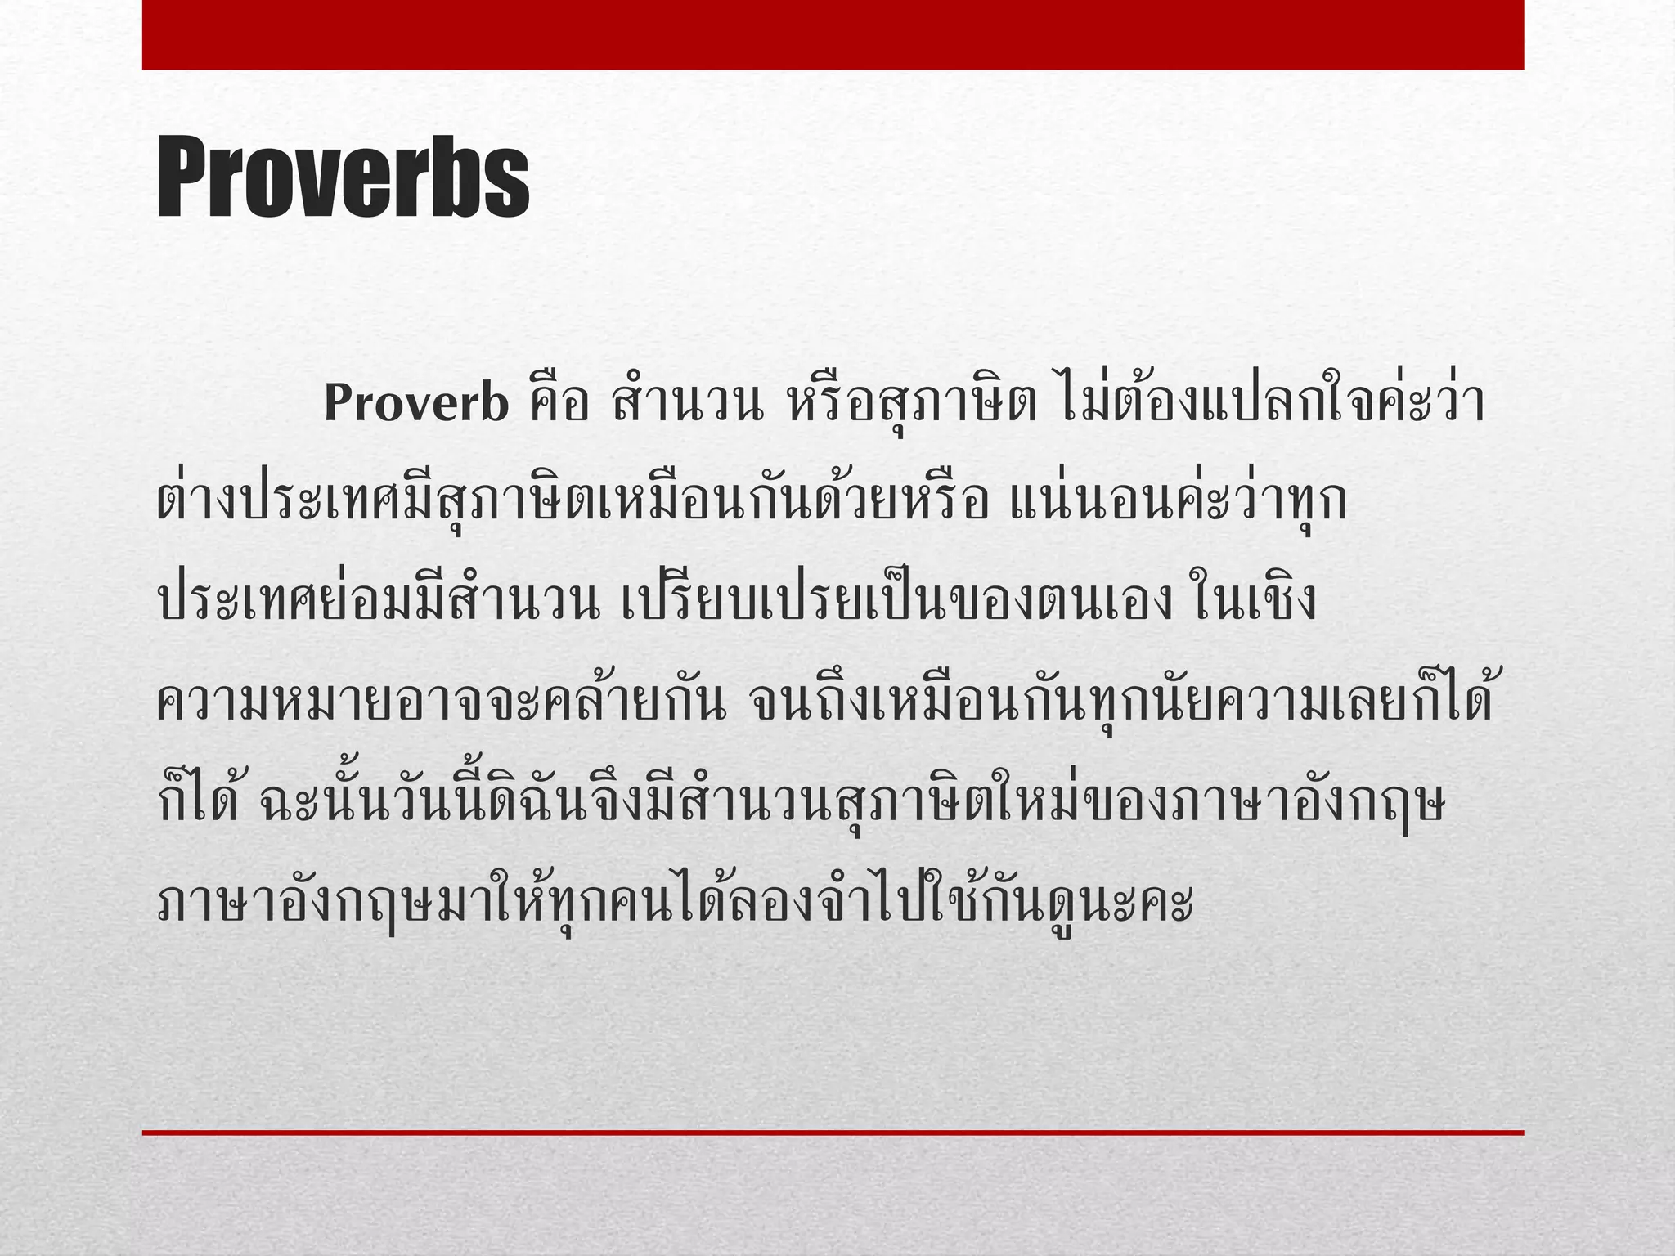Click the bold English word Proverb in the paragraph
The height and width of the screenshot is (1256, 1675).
click(416, 404)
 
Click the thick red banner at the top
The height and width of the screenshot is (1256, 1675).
click(833, 34)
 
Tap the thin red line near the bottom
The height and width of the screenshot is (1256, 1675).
click(833, 1133)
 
